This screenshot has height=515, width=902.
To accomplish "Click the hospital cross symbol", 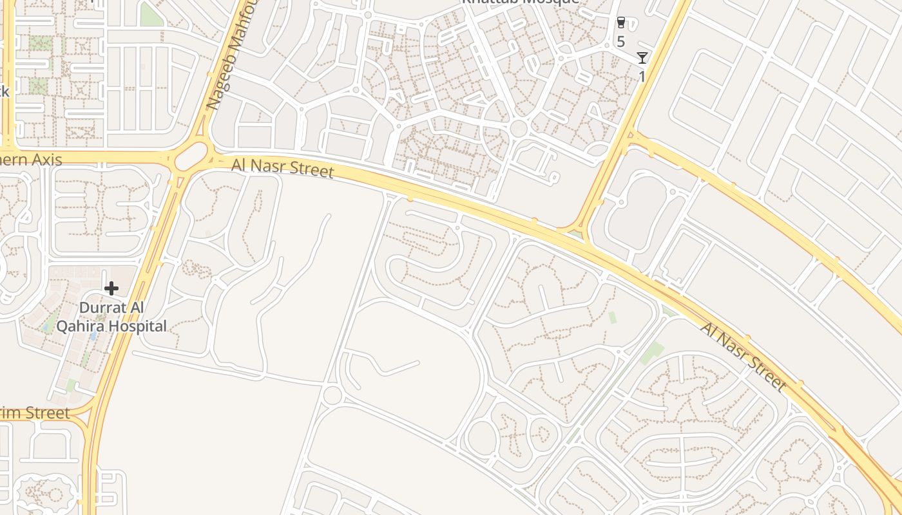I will click(x=111, y=288).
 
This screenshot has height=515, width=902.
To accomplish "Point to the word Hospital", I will click(x=138, y=326).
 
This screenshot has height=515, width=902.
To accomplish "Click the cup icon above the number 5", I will click(x=620, y=23).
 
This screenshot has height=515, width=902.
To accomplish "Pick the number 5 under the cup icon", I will click(x=620, y=42).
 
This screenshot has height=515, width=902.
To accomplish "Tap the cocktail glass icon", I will click(x=642, y=58).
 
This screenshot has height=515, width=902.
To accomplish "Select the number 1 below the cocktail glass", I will click(x=642, y=77).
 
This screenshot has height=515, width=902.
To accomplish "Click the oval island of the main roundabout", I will click(x=191, y=156).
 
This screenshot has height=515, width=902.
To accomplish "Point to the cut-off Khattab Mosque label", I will click(x=520, y=2).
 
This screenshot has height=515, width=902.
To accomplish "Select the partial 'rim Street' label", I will click(x=35, y=413).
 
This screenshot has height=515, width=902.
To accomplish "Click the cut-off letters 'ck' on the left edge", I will click(x=5, y=91).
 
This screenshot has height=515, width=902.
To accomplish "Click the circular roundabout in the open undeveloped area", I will click(x=332, y=395).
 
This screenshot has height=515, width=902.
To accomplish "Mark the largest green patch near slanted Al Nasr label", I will click(x=652, y=353).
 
